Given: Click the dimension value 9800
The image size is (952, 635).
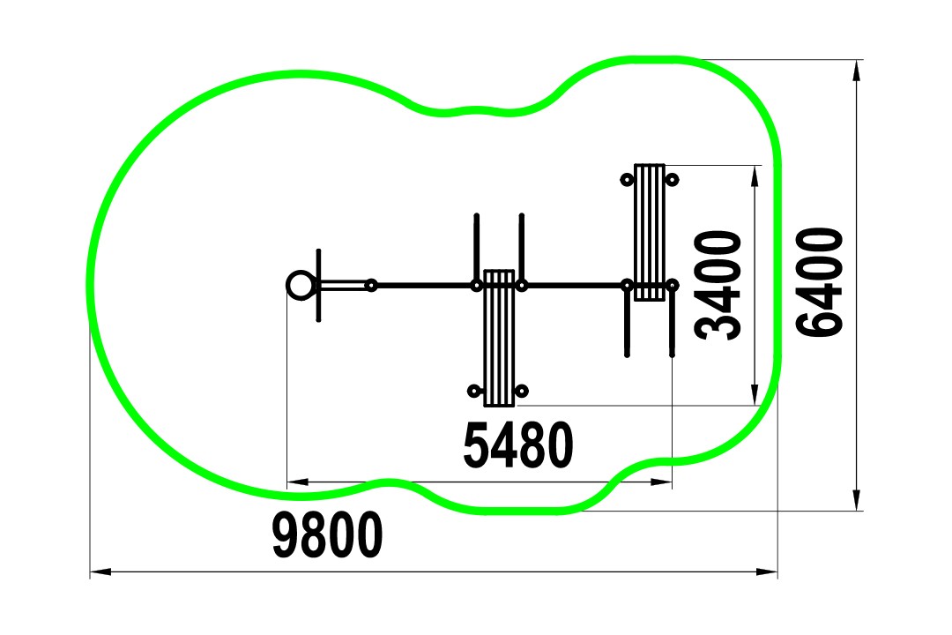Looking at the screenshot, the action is click(327, 534).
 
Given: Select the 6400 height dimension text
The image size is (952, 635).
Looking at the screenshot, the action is click(820, 282).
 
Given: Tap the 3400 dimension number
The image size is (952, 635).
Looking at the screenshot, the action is click(719, 286).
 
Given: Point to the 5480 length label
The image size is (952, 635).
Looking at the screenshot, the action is click(518, 445).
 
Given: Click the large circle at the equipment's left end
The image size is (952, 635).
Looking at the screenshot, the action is click(301, 284).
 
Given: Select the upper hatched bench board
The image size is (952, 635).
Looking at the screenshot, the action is click(650, 232).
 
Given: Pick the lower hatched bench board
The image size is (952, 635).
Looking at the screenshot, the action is click(499, 338).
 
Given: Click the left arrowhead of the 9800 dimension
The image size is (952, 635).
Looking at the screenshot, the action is click(100, 571).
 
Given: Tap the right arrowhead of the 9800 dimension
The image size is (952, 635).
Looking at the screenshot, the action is click(767, 571).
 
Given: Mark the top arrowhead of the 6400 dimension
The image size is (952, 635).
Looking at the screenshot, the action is click(857, 71).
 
